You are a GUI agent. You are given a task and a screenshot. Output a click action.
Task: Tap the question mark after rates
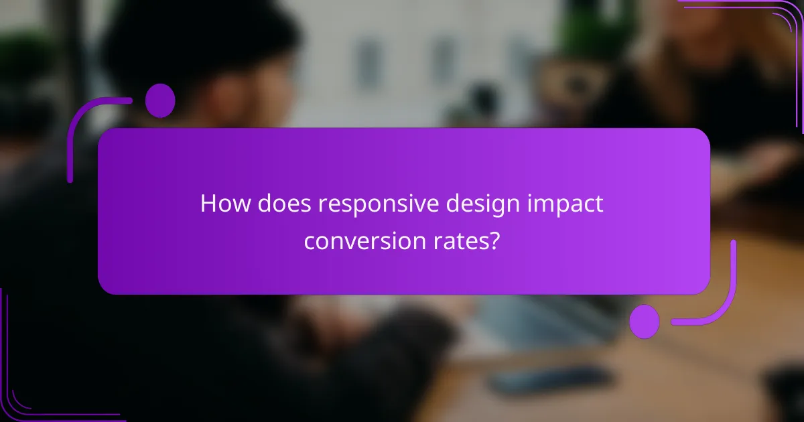pos(494,240)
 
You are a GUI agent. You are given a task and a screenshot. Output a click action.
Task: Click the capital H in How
pos(208,204)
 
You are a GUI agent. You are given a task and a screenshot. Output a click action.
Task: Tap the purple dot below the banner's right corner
pos(645,321)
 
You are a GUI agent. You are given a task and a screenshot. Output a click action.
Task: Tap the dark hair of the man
pos(201,40)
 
